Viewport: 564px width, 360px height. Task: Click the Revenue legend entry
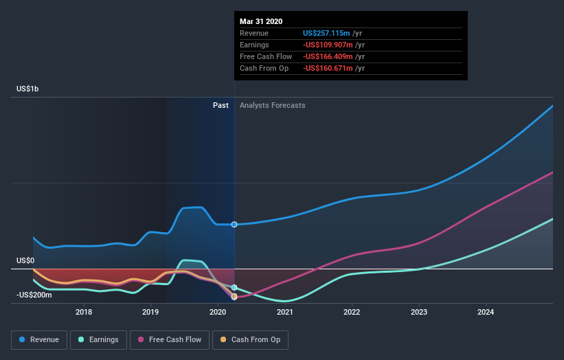pos(39,339)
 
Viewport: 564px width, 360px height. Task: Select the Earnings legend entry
pos(98,339)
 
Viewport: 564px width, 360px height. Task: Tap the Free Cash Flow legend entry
pos(170,339)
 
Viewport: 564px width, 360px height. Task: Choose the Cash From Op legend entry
pos(250,339)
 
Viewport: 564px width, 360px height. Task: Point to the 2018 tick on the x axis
pos(84,313)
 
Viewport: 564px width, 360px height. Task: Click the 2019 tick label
pos(150,313)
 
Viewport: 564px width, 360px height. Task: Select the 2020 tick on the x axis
pos(218,313)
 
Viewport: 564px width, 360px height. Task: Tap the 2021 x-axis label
pos(285,313)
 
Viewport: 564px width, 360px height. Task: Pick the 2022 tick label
pos(352,313)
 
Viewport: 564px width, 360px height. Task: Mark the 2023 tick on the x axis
pos(419,313)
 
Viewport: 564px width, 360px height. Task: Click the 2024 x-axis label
pos(486,313)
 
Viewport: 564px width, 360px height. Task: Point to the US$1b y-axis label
pos(28,89)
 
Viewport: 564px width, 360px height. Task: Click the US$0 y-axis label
pos(25,261)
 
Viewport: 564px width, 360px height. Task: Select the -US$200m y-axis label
pos(33,295)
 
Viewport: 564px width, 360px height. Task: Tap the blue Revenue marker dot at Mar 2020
pos(234,225)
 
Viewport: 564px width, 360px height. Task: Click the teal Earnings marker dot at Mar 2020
pos(234,287)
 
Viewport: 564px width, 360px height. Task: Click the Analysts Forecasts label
pos(272,106)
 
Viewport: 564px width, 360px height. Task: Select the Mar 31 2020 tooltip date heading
pos(261,21)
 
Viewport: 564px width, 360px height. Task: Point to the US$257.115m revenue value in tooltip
pos(327,33)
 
